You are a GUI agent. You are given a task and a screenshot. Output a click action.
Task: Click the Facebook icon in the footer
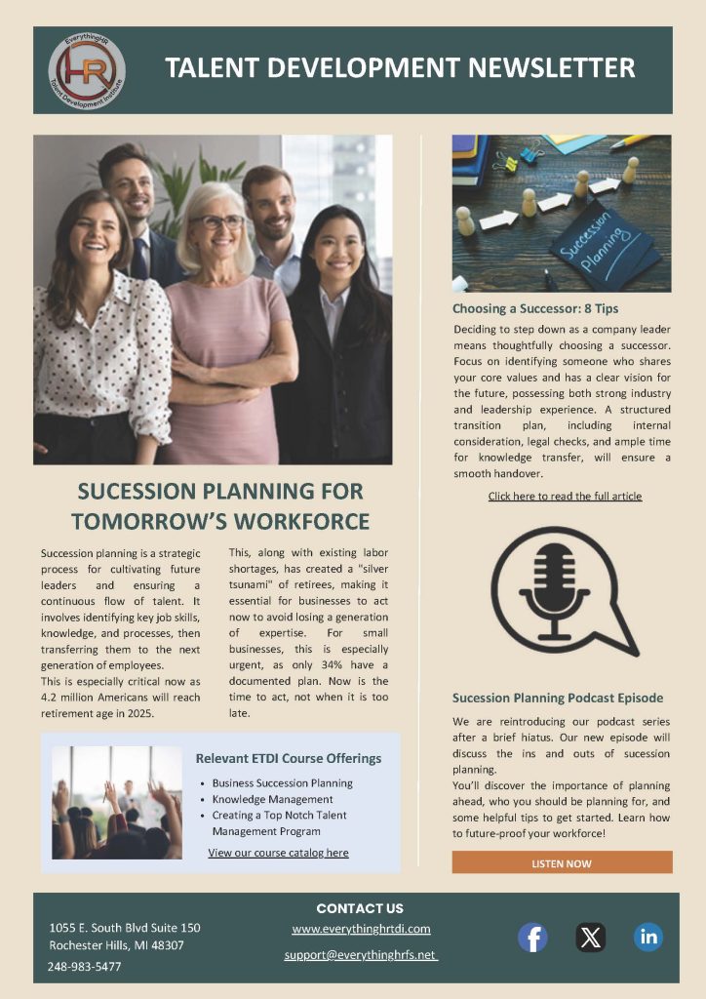(531, 938)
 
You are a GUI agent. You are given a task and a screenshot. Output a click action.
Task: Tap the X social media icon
(590, 938)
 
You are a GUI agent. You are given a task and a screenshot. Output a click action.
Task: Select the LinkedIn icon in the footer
(648, 937)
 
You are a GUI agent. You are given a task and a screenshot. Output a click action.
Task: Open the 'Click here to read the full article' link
(565, 497)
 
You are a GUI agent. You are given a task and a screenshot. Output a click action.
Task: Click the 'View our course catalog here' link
(278, 853)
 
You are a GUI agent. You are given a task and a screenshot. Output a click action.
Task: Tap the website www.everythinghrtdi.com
(361, 929)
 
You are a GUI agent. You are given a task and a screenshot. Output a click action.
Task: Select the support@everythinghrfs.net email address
(361, 954)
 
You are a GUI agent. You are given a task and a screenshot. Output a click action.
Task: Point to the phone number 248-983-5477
(85, 966)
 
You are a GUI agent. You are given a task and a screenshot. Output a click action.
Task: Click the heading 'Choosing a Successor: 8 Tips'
(535, 308)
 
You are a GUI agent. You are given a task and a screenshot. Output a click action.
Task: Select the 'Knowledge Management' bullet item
(272, 799)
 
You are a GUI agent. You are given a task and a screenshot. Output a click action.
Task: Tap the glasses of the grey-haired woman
(216, 222)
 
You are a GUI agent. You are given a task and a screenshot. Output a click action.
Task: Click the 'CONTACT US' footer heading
(360, 908)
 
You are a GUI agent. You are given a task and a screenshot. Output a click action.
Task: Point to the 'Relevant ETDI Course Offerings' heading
(289, 758)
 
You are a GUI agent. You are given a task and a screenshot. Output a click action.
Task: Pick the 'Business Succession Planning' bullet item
(282, 783)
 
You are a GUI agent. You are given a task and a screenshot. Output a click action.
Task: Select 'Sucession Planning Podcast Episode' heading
(558, 698)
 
